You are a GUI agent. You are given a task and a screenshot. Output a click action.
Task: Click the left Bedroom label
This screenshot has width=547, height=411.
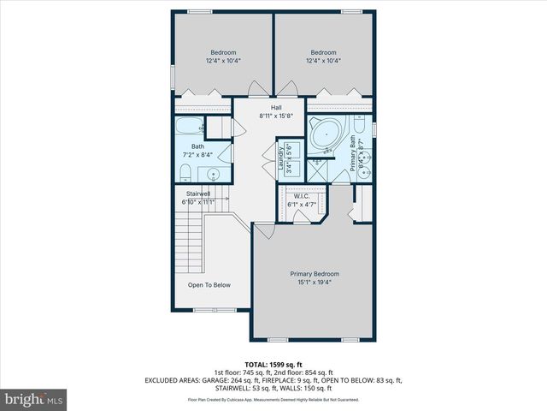[224, 56]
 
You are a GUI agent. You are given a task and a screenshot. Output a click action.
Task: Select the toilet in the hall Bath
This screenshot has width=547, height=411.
[185, 174]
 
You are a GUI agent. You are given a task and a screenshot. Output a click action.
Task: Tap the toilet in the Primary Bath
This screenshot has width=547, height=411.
[361, 131]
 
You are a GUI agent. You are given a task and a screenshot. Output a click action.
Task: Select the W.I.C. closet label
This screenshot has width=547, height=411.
[300, 200]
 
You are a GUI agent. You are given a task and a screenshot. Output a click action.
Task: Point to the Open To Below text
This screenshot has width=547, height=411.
[209, 284]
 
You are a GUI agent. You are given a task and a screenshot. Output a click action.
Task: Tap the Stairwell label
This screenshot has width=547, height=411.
[199, 198]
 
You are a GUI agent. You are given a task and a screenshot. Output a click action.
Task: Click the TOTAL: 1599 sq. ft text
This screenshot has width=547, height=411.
[273, 364]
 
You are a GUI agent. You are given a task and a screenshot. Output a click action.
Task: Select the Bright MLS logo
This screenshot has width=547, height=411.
[34, 399]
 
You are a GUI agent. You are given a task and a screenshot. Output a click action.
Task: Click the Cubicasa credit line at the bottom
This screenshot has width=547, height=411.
[273, 399]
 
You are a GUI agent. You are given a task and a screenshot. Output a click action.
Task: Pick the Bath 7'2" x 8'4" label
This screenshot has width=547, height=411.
[197, 151]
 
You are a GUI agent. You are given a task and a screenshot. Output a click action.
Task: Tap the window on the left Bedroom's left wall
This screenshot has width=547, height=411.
[173, 75]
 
